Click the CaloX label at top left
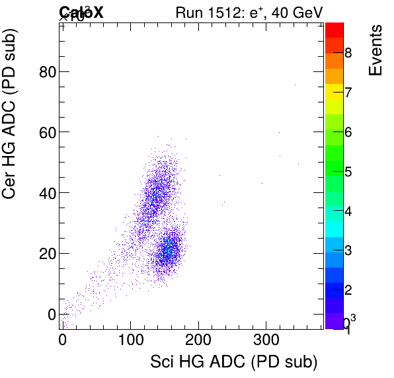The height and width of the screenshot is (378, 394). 81,12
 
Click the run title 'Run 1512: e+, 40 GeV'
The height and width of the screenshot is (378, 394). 249,12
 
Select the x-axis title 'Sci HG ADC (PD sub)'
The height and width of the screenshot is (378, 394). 234,361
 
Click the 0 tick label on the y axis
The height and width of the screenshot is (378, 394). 50,314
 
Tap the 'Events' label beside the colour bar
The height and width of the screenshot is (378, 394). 375,50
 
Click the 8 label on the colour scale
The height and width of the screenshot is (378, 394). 348,52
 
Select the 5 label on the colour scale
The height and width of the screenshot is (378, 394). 348,172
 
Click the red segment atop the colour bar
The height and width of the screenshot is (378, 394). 335,29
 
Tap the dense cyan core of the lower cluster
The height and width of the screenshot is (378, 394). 170,250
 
